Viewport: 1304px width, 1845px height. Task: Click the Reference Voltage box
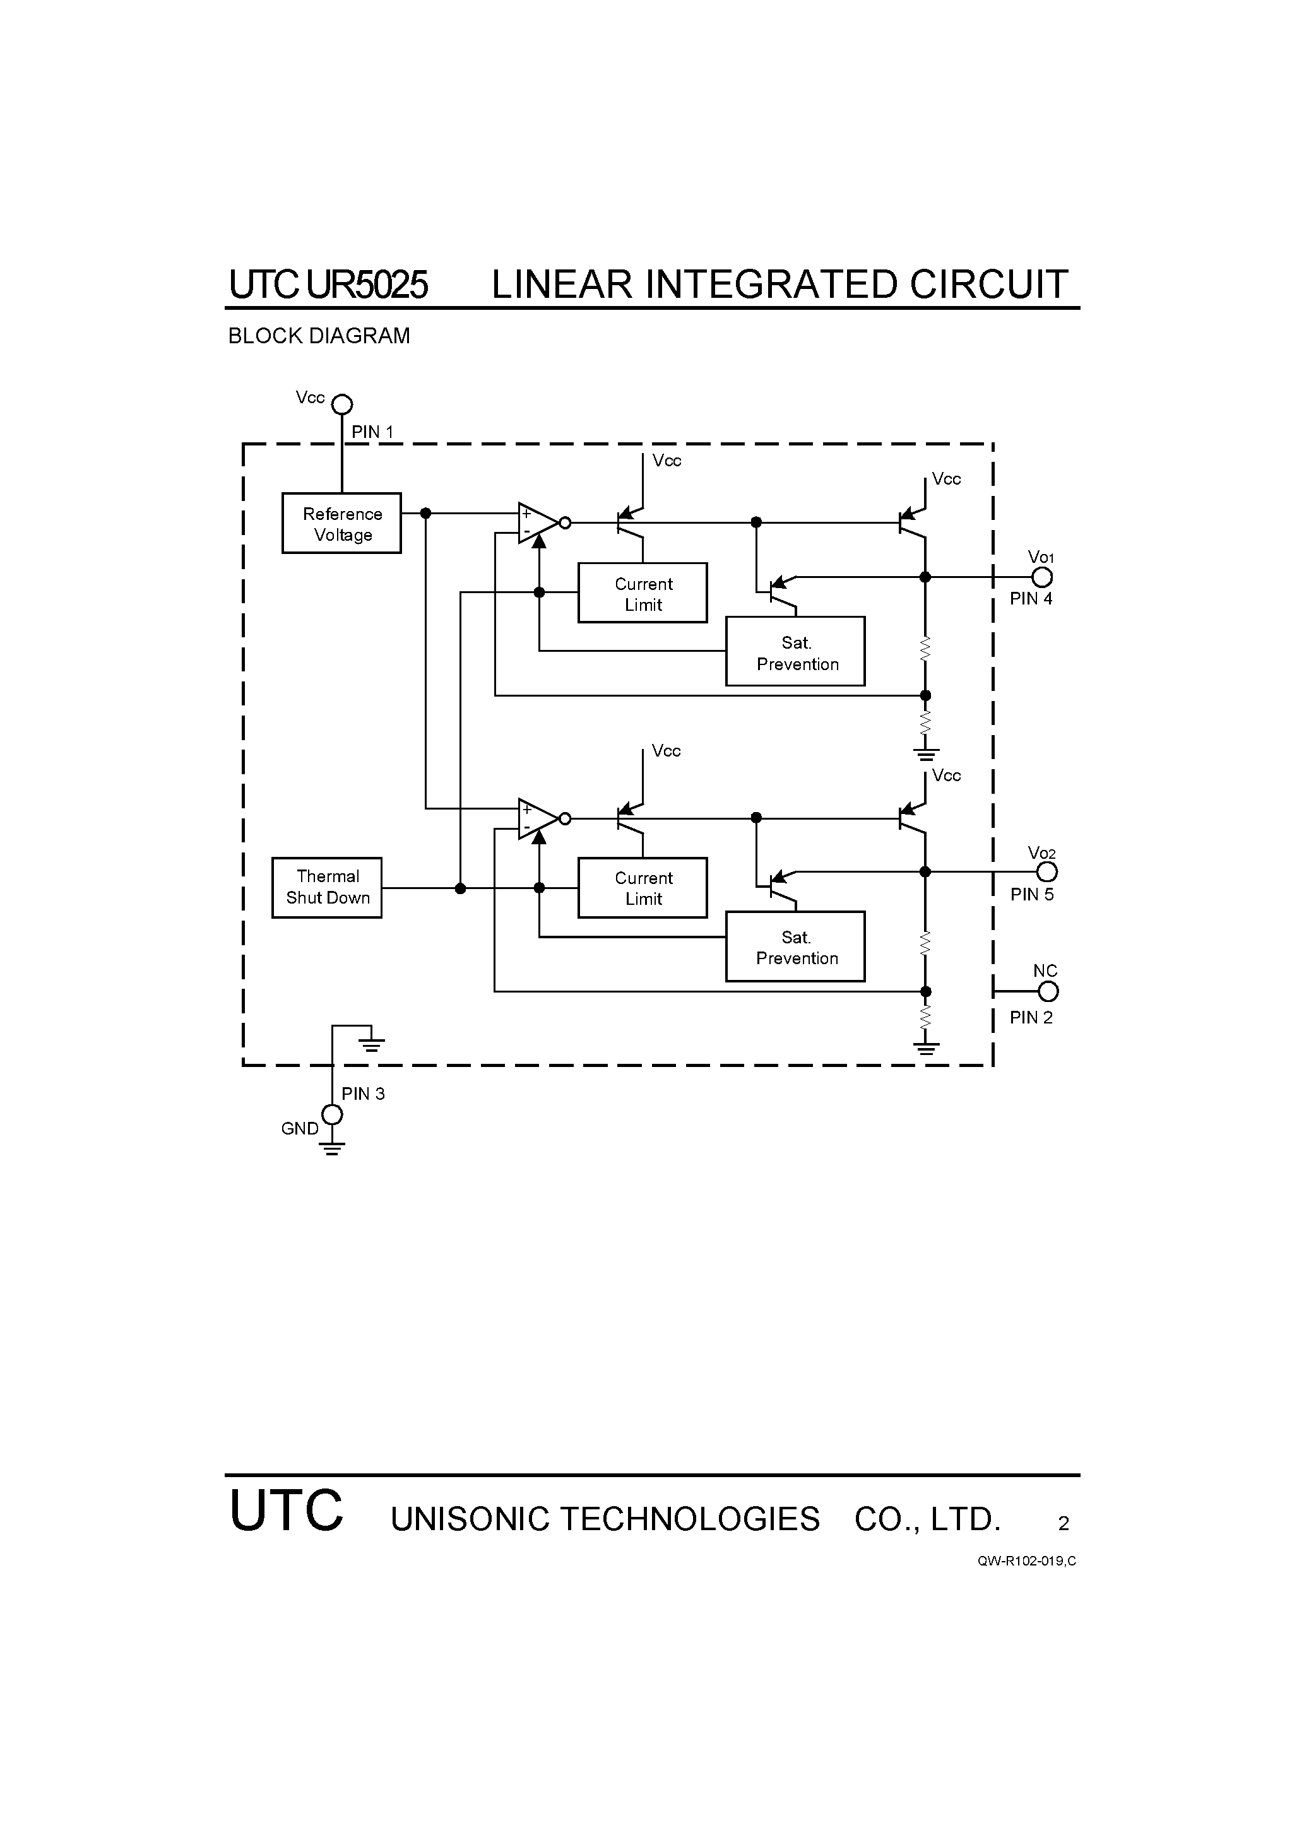pyautogui.click(x=341, y=523)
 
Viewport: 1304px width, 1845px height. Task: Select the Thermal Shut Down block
pyautogui.click(x=326, y=887)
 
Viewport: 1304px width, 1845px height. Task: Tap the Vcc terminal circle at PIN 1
pyautogui.click(x=343, y=404)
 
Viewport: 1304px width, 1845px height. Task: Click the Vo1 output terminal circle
pyautogui.click(x=1042, y=577)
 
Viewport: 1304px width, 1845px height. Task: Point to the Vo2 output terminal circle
pyautogui.click(x=1046, y=872)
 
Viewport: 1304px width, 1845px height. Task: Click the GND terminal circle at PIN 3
pyautogui.click(x=332, y=1114)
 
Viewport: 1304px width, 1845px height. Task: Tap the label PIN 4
pyautogui.click(x=1031, y=599)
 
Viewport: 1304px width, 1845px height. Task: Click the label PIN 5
pyautogui.click(x=1031, y=894)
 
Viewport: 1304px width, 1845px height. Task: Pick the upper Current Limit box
pyautogui.click(x=643, y=593)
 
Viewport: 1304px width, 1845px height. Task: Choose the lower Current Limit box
pyautogui.click(x=643, y=888)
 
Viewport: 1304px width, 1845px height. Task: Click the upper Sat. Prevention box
pyautogui.click(x=795, y=652)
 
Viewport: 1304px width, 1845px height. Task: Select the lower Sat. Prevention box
pyautogui.click(x=795, y=946)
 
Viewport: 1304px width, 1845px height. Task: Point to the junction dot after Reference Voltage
pyautogui.click(x=426, y=513)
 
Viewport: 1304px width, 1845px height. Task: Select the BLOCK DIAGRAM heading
pyautogui.click(x=319, y=336)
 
